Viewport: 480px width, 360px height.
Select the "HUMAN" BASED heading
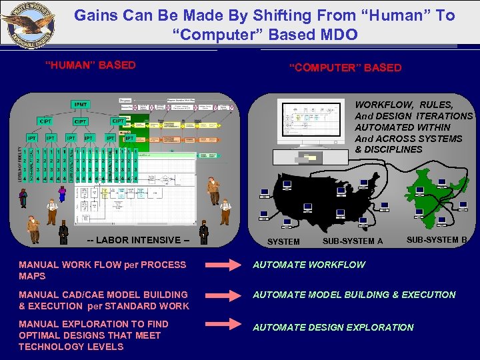point(90,65)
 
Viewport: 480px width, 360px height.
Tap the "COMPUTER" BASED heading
point(345,68)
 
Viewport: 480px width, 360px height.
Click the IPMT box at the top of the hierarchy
point(81,105)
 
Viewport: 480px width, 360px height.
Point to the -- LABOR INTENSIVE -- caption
point(134,240)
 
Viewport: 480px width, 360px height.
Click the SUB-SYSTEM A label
point(353,241)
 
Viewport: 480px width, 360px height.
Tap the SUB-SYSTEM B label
point(437,239)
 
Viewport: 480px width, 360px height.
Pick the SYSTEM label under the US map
point(283,241)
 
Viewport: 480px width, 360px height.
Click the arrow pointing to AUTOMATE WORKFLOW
point(225,265)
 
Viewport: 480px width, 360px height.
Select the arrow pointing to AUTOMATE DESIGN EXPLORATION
point(225,325)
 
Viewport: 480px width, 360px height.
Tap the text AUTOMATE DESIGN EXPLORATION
point(333,327)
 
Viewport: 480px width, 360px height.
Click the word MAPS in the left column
point(32,276)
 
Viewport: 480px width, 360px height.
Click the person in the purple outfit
point(63,193)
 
